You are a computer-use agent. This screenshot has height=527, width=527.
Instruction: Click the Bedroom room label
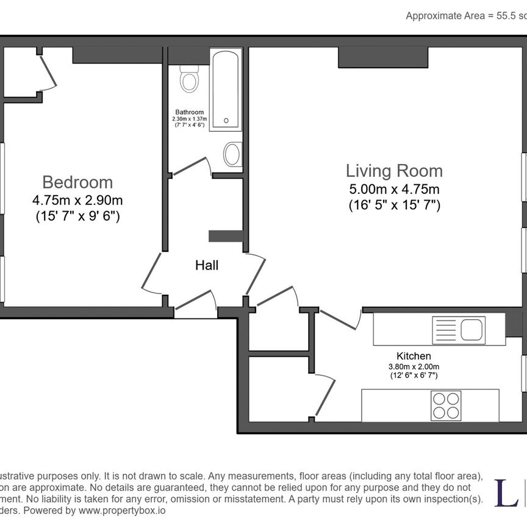77,182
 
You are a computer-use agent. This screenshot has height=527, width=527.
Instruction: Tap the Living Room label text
394,170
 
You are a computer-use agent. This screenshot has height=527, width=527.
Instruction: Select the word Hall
207,265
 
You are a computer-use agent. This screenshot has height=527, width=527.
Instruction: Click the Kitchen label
414,356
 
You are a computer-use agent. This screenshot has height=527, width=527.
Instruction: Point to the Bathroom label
189,112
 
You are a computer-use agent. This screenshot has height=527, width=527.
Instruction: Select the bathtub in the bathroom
226,90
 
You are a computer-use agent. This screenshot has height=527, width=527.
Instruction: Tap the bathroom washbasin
232,154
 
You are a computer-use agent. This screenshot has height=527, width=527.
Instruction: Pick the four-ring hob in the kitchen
445,405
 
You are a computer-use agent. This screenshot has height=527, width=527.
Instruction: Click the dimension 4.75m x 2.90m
77,199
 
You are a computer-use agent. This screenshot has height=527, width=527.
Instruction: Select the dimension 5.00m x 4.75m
394,189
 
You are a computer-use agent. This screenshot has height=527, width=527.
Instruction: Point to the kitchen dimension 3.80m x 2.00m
414,366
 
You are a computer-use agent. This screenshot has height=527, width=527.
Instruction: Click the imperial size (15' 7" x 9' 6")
77,215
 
